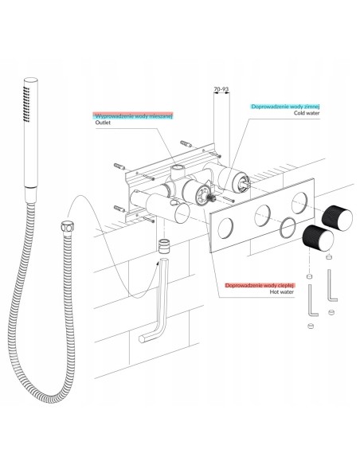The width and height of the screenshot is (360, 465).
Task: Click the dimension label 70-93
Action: click(221, 89)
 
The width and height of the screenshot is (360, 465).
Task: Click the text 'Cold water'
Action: click(307, 113)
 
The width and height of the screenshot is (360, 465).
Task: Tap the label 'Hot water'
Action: click(282, 291)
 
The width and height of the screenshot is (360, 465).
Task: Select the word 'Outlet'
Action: click(103, 123)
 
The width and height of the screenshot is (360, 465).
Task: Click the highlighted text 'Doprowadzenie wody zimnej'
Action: click(285, 107)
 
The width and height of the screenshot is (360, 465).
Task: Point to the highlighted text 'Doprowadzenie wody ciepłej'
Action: click(260, 286)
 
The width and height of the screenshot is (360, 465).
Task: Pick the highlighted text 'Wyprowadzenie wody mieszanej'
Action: click(134, 116)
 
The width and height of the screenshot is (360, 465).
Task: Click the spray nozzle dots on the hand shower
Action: click(27, 104)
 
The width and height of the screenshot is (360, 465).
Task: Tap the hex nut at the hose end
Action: click(68, 227)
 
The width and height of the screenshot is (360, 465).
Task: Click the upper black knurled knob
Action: click(337, 218)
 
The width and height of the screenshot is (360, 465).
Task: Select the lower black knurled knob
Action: click(318, 238)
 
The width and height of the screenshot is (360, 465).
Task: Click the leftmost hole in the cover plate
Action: click(225, 229)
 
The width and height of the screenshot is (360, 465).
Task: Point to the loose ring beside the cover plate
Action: click(288, 228)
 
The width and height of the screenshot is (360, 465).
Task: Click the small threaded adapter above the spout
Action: click(164, 246)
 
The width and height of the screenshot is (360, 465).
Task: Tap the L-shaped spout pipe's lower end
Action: click(143, 339)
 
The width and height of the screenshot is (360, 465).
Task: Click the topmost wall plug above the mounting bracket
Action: click(186, 144)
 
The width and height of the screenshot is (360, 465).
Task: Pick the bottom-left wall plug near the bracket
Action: click(119, 209)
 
